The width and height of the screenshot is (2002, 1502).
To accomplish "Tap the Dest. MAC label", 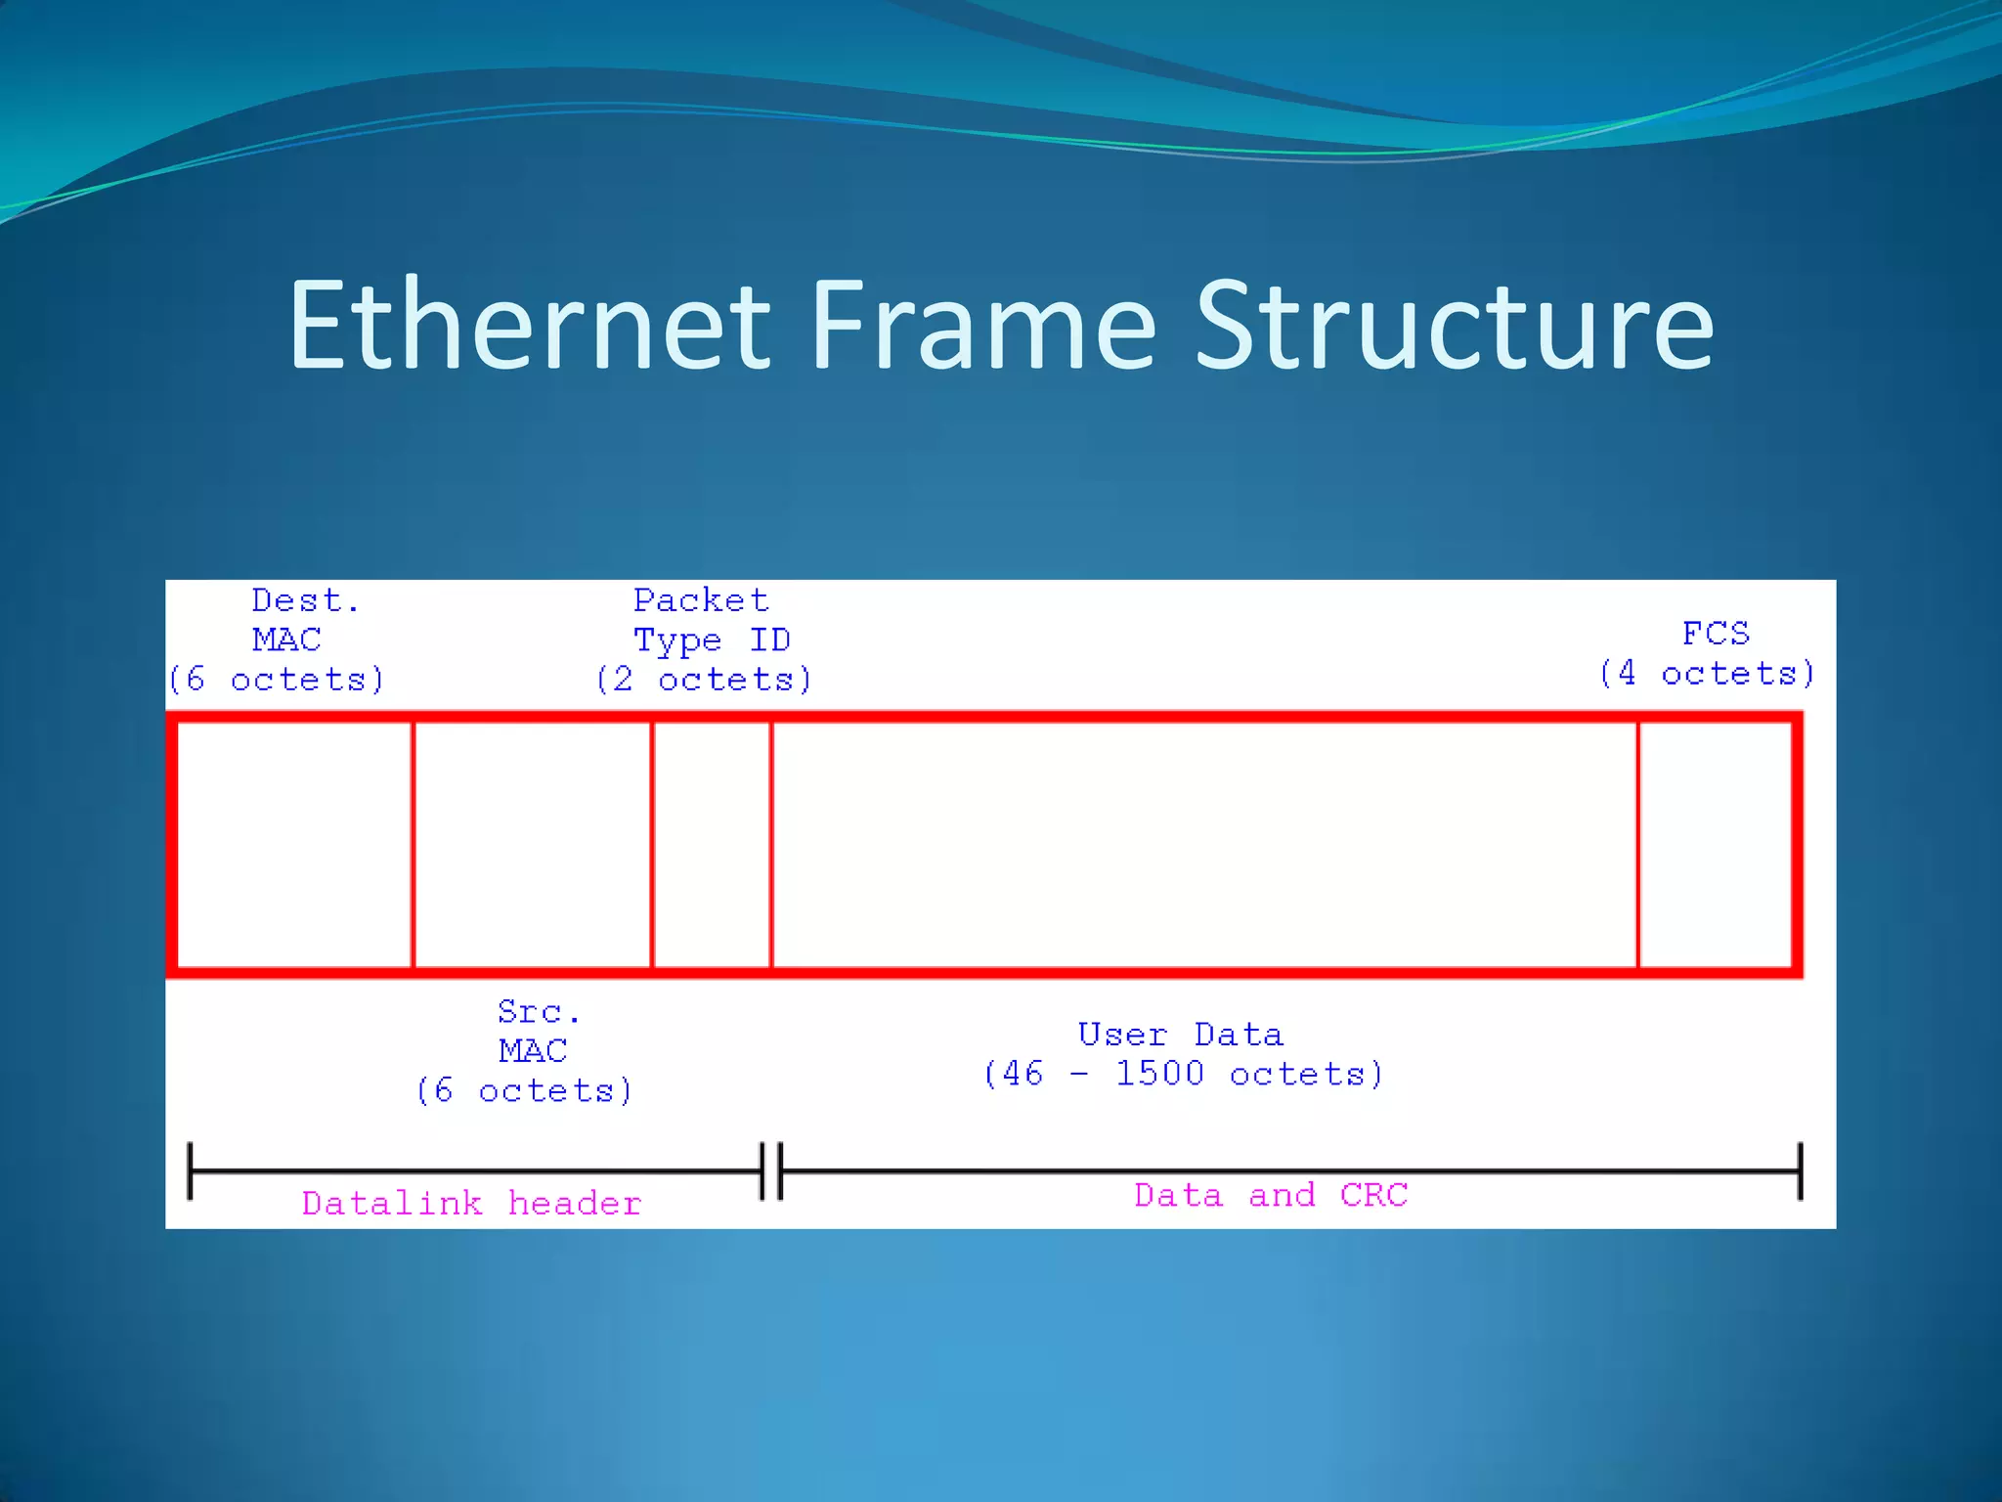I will pyautogui.click(x=289, y=620).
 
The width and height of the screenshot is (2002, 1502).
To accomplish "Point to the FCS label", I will pyautogui.click(x=1716, y=634).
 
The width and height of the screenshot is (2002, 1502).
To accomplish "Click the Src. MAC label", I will pyautogui.click(x=534, y=1032).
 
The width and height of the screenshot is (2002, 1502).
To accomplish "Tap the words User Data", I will pyautogui.click(x=1181, y=1035).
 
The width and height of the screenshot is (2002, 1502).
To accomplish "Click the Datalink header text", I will pyautogui.click(x=471, y=1204).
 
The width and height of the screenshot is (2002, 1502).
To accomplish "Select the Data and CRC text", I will pyautogui.click(x=1271, y=1195).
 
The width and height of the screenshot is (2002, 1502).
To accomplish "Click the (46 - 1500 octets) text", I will pyautogui.click(x=1183, y=1075).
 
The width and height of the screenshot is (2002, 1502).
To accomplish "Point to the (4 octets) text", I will pyautogui.click(x=1707, y=674).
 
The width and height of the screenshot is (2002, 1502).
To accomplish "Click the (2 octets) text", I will pyautogui.click(x=704, y=680).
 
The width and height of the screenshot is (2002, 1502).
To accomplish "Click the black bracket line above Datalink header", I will pyautogui.click(x=475, y=1170).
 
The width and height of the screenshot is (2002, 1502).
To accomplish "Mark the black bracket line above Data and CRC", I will pyautogui.click(x=1290, y=1170).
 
